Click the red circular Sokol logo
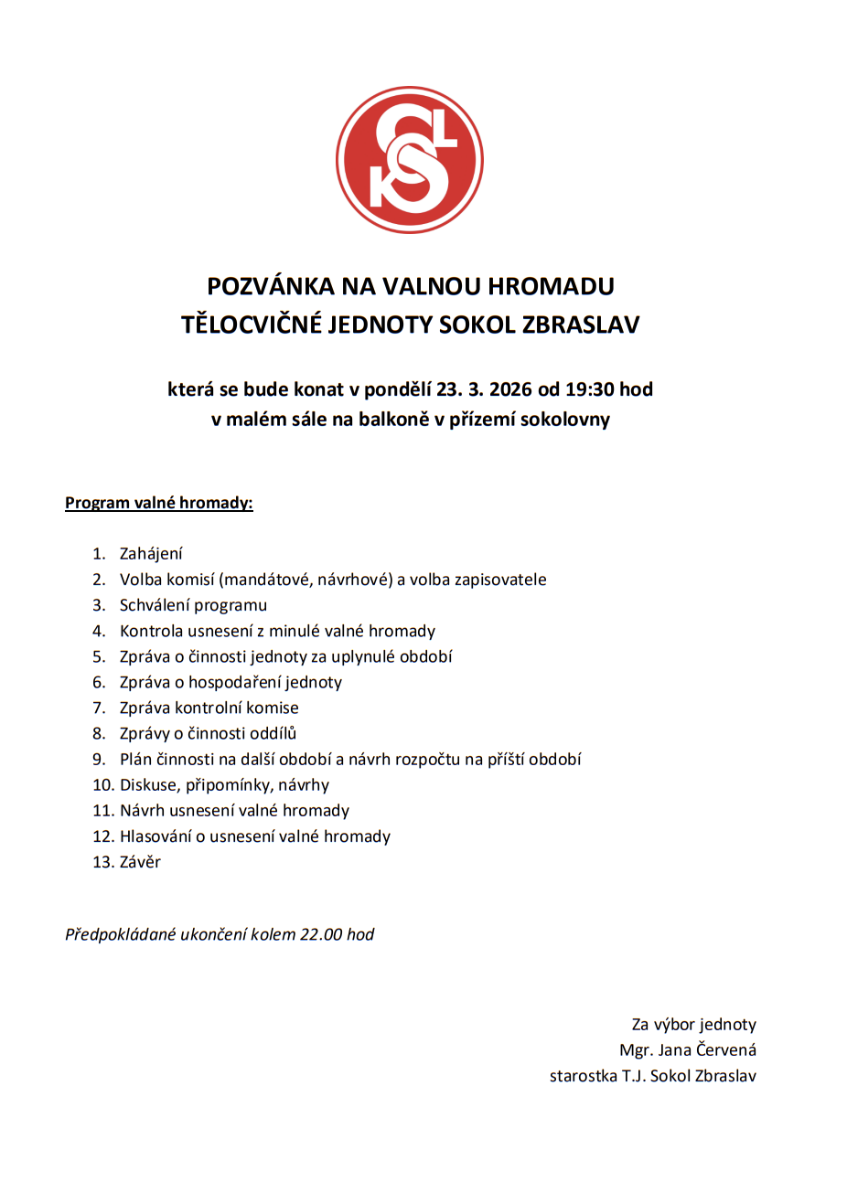pyautogui.click(x=409, y=160)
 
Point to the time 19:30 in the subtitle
pyautogui.click(x=589, y=389)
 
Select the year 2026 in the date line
pyautogui.click(x=509, y=389)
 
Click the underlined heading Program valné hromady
pyautogui.click(x=158, y=503)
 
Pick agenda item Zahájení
pyautogui.click(x=151, y=554)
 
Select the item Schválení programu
pyautogui.click(x=193, y=605)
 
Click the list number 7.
pyautogui.click(x=99, y=708)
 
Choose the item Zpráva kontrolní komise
pyautogui.click(x=209, y=708)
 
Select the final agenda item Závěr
pyautogui.click(x=140, y=862)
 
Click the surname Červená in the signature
pyautogui.click(x=725, y=1050)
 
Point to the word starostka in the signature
pyautogui.click(x=583, y=1076)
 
